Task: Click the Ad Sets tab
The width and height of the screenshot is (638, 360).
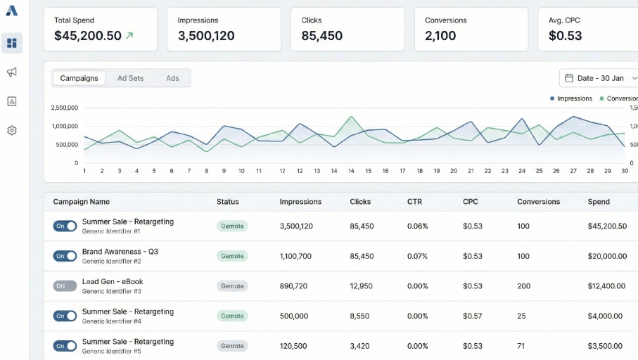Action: pyautogui.click(x=130, y=78)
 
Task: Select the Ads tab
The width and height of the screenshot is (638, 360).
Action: pyautogui.click(x=172, y=78)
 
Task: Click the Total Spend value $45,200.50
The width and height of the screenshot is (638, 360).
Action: pyautogui.click(x=87, y=36)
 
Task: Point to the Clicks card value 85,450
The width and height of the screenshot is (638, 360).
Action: pyautogui.click(x=322, y=36)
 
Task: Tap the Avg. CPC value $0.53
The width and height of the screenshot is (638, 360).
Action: pyautogui.click(x=565, y=36)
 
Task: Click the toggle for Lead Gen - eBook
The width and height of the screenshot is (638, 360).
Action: pyautogui.click(x=65, y=286)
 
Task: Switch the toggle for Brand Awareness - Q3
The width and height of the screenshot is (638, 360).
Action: pyautogui.click(x=65, y=256)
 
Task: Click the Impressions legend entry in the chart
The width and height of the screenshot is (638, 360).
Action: pyautogui.click(x=571, y=98)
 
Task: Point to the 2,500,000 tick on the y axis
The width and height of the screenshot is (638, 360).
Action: pyautogui.click(x=65, y=108)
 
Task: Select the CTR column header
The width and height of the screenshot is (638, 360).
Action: pyautogui.click(x=414, y=202)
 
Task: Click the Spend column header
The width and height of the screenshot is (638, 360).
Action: pyautogui.click(x=599, y=202)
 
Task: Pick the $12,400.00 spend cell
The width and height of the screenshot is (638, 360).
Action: pyautogui.click(x=606, y=286)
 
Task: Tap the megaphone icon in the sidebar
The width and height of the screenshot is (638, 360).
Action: pyautogui.click(x=12, y=72)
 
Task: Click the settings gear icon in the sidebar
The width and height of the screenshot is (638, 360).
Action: pyautogui.click(x=12, y=130)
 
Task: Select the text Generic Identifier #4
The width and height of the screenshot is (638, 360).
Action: pyautogui.click(x=111, y=321)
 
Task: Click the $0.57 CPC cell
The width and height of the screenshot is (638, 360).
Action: pyautogui.click(x=473, y=316)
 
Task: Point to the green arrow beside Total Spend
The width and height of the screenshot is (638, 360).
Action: pyautogui.click(x=129, y=36)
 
